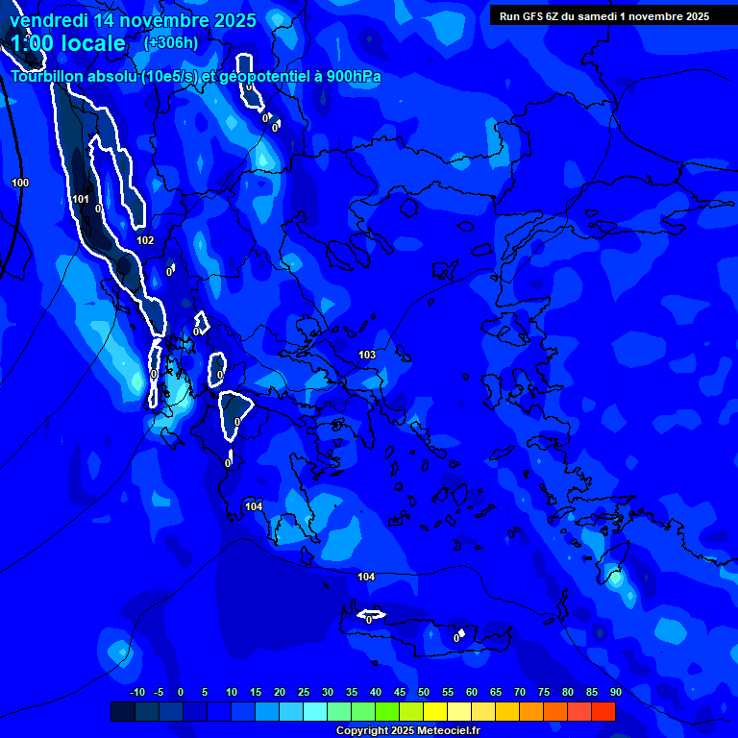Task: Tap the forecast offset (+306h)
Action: pos(171,42)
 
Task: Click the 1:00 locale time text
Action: pos(67,43)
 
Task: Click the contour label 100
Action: pos(20,183)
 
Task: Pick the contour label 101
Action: pos(81,200)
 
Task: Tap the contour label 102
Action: pos(145,241)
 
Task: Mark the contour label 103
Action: pos(367,355)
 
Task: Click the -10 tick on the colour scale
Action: pos(136,692)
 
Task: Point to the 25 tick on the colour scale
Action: pos(303,692)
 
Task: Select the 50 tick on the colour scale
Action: pos(423,692)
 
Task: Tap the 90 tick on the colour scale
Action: pos(615,692)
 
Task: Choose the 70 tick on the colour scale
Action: pos(519,692)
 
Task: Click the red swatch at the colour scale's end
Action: pos(603,711)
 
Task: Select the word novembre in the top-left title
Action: pos(163,20)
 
